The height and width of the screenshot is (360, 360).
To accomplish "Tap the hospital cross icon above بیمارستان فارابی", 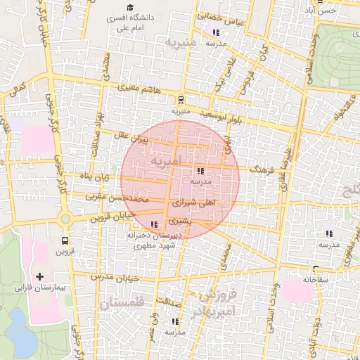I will pos(39,276).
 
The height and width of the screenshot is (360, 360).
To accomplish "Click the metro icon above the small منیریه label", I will pos(181,100).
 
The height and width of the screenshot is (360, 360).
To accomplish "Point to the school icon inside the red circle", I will pos(201,171).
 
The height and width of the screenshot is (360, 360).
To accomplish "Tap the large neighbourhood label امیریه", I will pos(165,161).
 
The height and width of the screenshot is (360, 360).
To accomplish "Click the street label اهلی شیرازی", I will pos(193,202).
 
